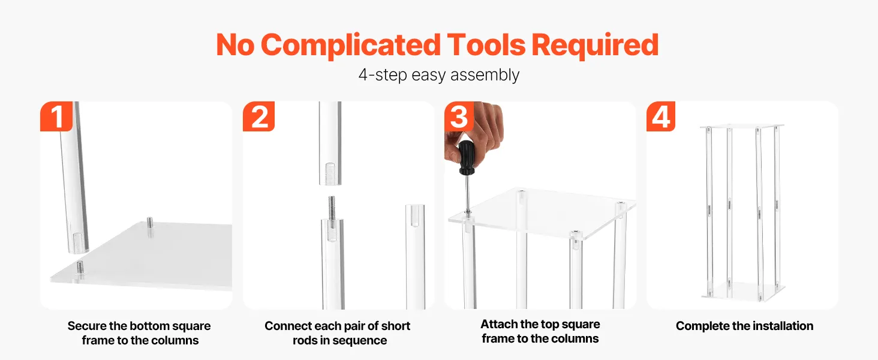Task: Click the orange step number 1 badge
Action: click(56, 116)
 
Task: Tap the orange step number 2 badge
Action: click(258, 116)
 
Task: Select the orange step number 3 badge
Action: click(459, 116)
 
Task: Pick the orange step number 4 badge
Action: click(661, 116)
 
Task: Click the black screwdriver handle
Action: click(467, 157)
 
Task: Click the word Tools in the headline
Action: click(486, 45)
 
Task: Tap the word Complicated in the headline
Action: click(350, 46)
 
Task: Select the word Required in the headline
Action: click(595, 46)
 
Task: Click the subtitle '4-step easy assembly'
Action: click(439, 74)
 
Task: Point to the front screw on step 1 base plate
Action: click(80, 268)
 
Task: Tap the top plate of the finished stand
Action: click(742, 126)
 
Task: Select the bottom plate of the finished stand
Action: click(743, 292)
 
